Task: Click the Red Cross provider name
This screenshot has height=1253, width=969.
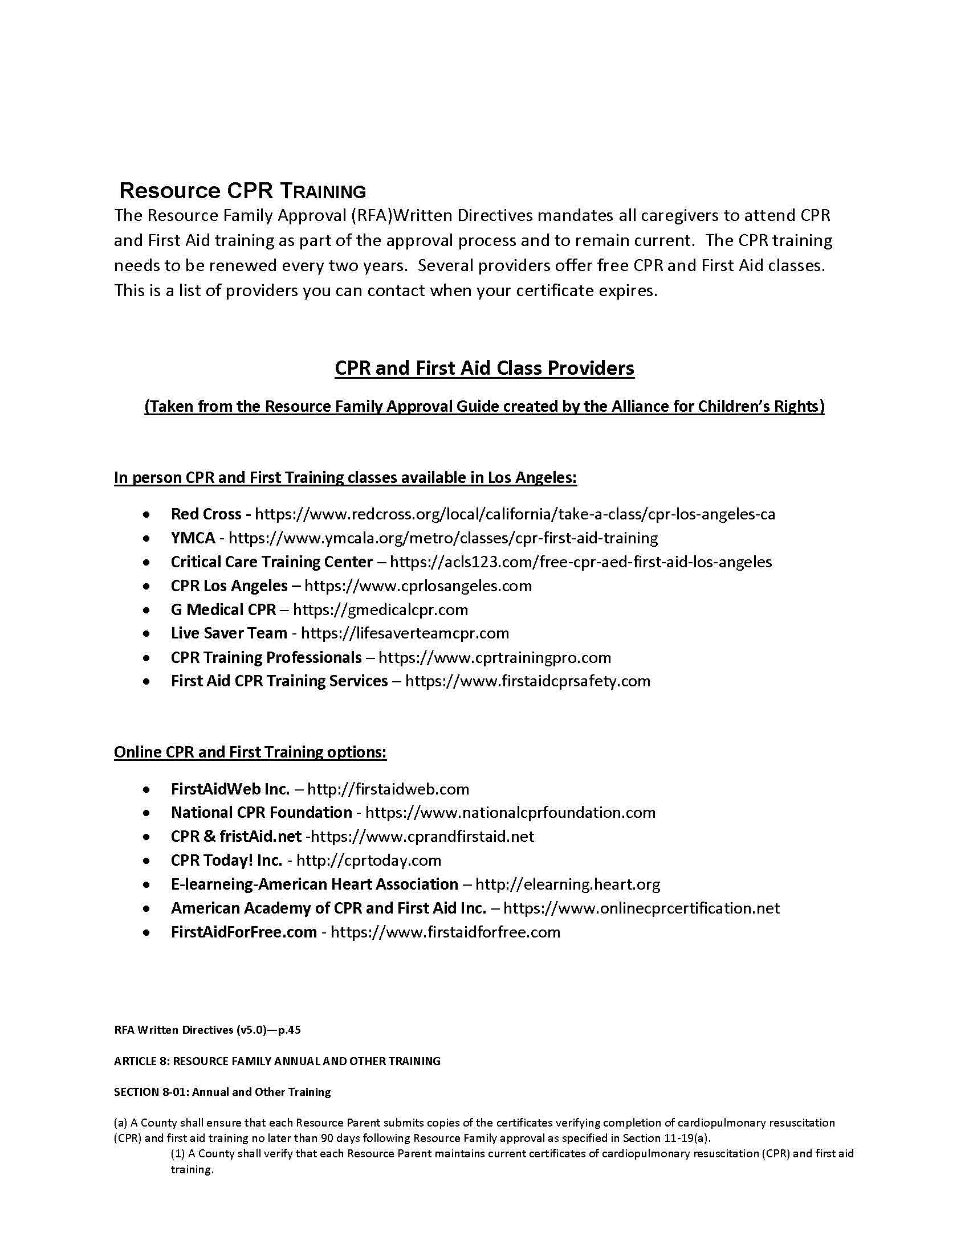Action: (206, 514)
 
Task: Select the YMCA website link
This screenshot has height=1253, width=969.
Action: (443, 538)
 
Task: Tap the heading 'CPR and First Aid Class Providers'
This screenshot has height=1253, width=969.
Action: (484, 368)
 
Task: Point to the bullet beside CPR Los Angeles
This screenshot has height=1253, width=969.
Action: (148, 586)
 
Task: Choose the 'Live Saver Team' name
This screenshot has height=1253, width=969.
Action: (229, 633)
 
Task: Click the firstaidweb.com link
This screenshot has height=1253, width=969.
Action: (388, 789)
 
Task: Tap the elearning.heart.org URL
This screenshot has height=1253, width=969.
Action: (568, 885)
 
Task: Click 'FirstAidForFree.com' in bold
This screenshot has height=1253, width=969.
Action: (243, 932)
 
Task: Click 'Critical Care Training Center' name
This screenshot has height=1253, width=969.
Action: (271, 562)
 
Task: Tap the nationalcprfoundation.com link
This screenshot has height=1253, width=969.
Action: (510, 813)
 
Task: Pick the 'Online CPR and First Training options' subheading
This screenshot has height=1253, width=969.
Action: (250, 752)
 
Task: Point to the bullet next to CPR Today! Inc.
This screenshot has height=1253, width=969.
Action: (148, 861)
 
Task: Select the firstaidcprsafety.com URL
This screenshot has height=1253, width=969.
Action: (528, 682)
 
